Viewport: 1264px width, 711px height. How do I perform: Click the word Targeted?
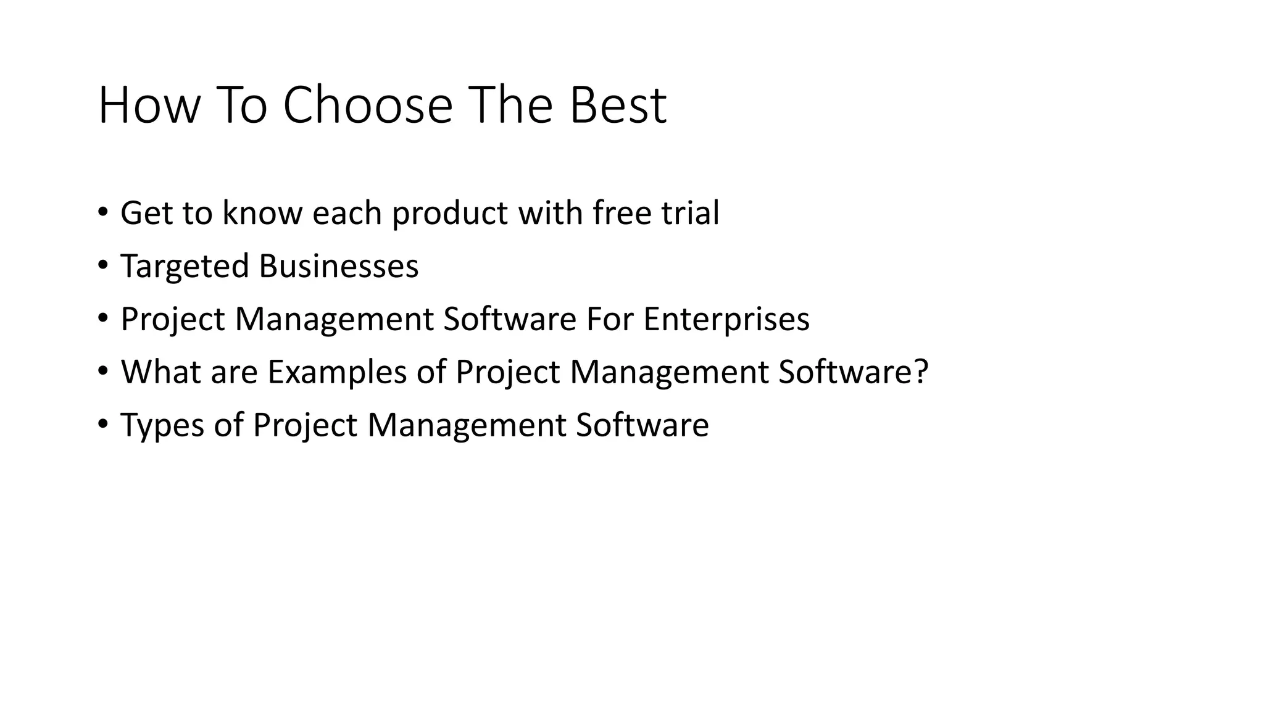tap(185, 266)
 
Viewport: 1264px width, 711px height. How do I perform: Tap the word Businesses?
tap(338, 266)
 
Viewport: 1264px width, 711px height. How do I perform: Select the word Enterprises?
tap(726, 319)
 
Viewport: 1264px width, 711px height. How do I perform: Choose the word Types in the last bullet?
tap(162, 425)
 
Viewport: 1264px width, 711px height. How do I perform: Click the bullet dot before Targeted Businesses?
tap(102, 266)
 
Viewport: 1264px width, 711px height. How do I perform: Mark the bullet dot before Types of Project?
tap(102, 425)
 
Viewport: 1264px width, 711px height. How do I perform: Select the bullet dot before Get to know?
tap(102, 213)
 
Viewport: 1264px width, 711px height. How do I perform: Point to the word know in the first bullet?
tap(262, 213)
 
